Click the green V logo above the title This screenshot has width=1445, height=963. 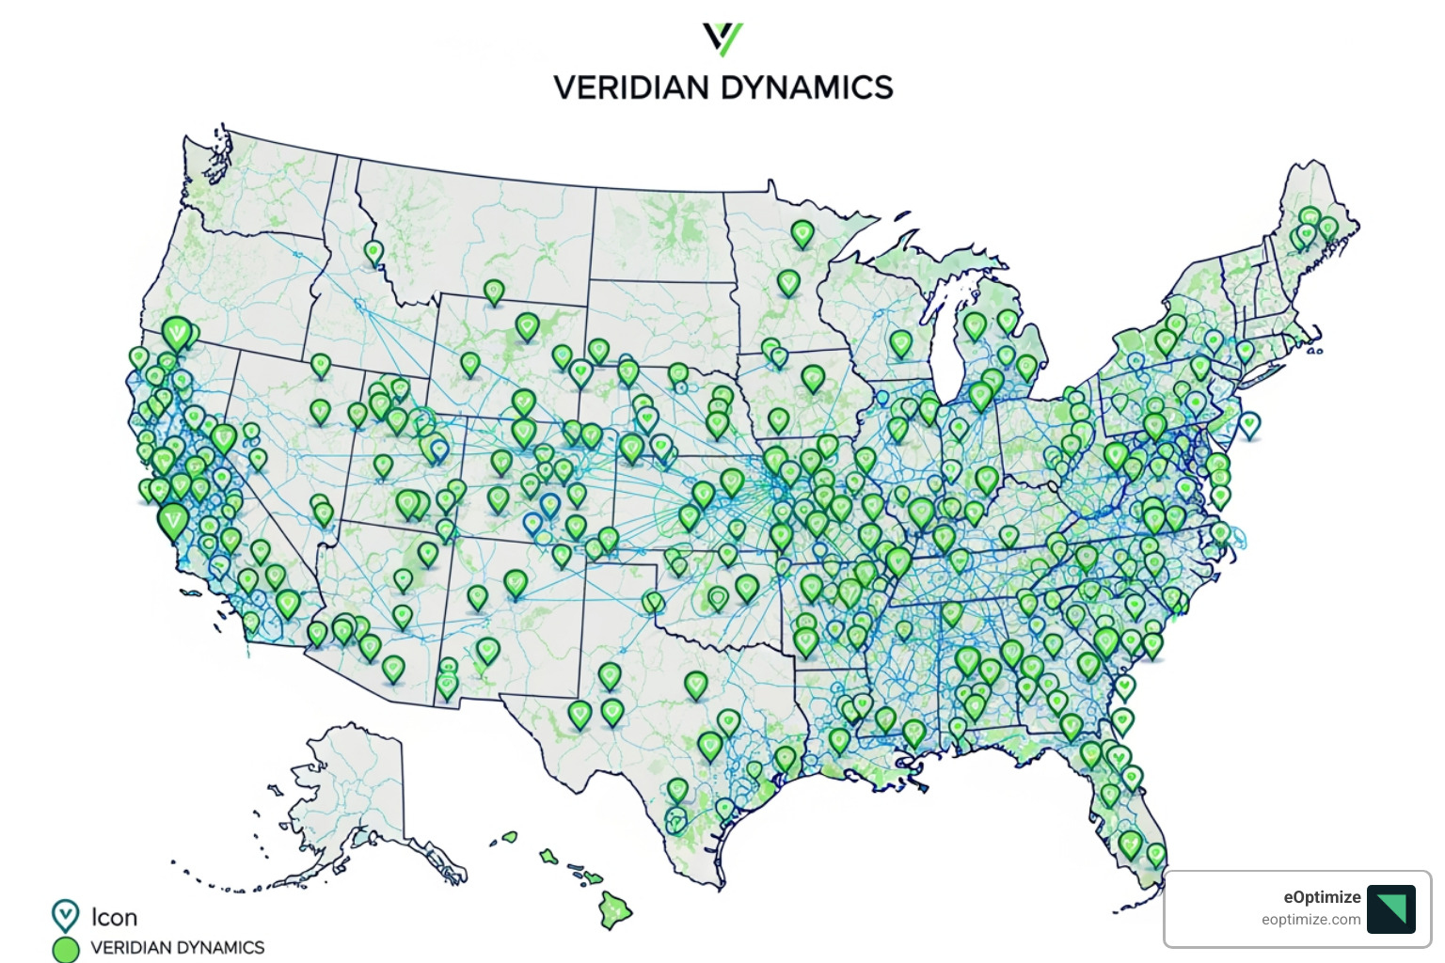pos(722,39)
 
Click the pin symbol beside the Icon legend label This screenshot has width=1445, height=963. pos(65,915)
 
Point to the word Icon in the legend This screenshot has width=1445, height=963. pos(114,917)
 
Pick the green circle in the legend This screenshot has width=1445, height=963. pos(66,949)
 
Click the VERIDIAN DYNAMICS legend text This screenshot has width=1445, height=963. pos(178,948)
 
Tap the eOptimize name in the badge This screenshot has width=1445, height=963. pos(1322,897)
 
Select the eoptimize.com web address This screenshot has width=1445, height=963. pos(1310,920)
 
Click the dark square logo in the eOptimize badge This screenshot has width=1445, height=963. pos(1391,908)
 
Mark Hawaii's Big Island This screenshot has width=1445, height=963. pos(616,909)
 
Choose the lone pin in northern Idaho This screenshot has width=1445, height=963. pos(373,251)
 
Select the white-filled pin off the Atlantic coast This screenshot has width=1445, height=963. pos(1249,424)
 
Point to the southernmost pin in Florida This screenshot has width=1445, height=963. pos(1156,854)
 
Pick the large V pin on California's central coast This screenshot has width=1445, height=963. pos(173,519)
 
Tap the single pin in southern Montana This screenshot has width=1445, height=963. pos(494,291)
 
